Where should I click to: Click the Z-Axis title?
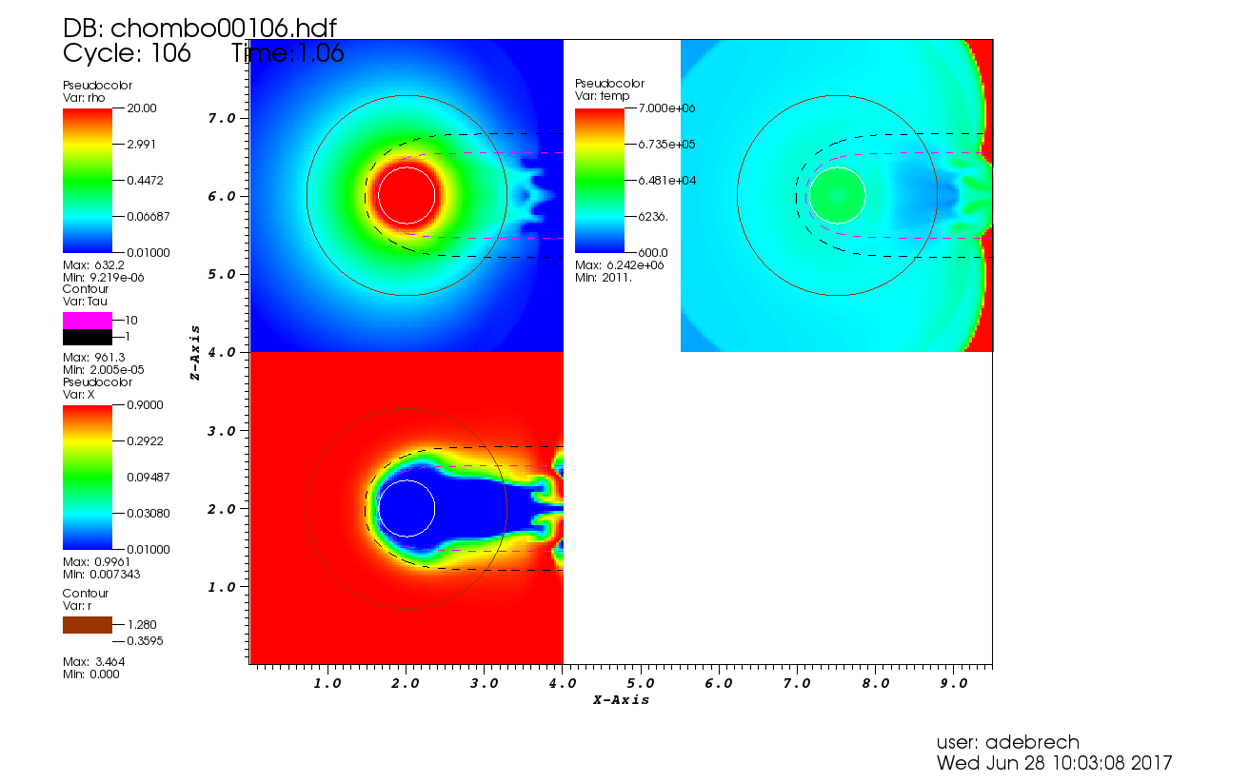[194, 352]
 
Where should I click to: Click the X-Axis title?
[621, 700]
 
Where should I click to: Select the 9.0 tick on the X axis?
[953, 683]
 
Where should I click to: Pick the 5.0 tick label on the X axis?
[640, 683]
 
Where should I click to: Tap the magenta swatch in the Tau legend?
[87, 321]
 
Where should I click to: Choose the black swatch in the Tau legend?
[87, 338]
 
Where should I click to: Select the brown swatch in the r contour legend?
[87, 625]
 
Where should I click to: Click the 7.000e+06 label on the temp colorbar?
[667, 108]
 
